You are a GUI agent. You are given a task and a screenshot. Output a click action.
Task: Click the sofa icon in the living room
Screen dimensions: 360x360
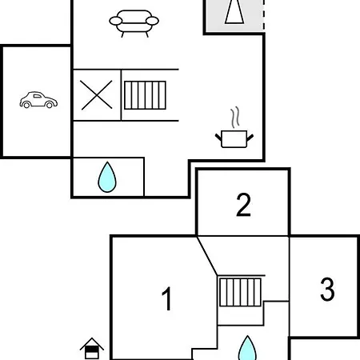[134, 23]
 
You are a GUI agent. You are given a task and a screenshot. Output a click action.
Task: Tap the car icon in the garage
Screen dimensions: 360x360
[38, 100]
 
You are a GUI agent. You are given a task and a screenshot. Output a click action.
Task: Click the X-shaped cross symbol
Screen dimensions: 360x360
[96, 95]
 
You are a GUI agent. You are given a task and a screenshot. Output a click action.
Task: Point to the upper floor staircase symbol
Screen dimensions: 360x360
[145, 95]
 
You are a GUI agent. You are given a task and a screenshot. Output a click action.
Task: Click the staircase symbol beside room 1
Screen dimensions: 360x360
[240, 292]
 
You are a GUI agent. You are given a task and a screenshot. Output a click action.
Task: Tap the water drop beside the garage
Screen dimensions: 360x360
[107, 177]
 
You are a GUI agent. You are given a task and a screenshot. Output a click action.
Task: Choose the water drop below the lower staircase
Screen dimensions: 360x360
[247, 348]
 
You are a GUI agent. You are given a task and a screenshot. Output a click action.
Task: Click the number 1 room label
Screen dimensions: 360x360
[167, 298]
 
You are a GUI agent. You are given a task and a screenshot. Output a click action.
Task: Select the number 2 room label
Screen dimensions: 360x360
[243, 205]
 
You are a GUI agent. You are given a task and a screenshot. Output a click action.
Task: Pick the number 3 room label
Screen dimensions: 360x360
[327, 289]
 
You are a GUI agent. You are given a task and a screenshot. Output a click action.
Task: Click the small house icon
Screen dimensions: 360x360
[92, 348]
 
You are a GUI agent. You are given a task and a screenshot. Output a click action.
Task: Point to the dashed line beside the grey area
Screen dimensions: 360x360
[264, 15]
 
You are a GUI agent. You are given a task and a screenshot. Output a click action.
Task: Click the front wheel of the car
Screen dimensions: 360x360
[50, 105]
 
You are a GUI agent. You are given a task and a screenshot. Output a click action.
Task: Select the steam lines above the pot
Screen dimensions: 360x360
[235, 118]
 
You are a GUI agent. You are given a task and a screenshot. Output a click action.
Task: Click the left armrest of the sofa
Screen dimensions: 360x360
[116, 21]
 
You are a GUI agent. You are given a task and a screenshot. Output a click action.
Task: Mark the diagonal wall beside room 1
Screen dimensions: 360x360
[207, 255]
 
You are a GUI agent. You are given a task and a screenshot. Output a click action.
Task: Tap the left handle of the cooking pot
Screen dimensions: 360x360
[218, 138]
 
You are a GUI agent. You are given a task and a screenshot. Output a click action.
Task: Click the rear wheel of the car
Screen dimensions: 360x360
[26, 105]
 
